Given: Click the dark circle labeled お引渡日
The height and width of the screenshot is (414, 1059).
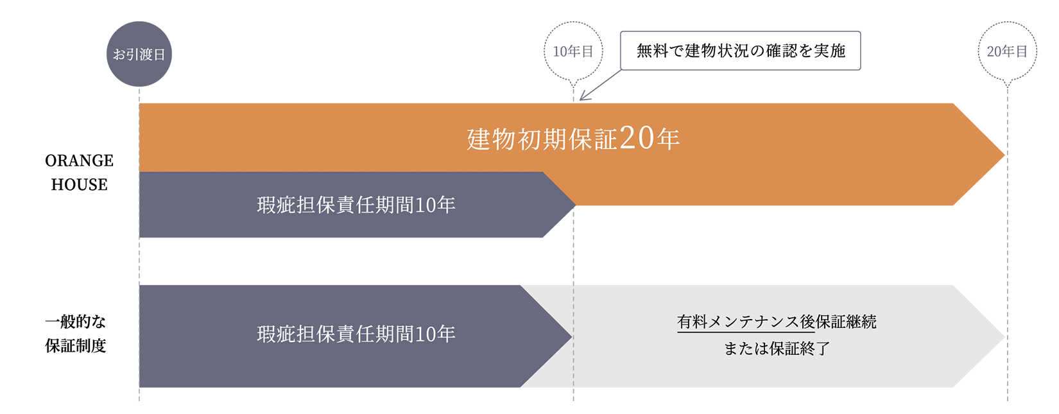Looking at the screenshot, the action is (x=139, y=54).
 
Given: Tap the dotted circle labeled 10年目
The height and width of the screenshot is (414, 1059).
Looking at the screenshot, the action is (x=573, y=51).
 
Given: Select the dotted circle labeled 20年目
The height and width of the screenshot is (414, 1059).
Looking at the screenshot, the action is (x=1007, y=51).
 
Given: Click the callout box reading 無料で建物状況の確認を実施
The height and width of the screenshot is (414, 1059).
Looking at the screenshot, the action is (x=741, y=51).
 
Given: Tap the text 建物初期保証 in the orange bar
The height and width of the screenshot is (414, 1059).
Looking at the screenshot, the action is (x=542, y=139).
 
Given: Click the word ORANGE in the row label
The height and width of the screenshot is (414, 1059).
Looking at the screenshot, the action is (x=79, y=160).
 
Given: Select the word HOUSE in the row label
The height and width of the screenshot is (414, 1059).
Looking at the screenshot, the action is (x=79, y=184).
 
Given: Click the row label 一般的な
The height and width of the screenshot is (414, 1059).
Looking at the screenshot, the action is (x=76, y=322).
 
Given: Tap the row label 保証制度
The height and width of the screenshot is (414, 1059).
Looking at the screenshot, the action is (x=76, y=345).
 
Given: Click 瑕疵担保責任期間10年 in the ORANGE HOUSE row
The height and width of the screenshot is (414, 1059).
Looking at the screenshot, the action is (x=356, y=205).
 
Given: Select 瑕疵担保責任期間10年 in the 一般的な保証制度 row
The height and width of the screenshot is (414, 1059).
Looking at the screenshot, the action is (x=356, y=334).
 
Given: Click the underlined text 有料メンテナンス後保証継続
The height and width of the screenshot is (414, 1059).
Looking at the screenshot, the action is (x=777, y=322).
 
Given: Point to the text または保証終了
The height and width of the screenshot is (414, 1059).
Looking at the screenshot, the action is (x=777, y=349).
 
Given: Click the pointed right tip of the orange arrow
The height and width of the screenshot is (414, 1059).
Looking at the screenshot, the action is (x=1004, y=155).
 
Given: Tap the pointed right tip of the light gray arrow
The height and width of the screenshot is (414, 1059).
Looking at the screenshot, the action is (x=1004, y=336).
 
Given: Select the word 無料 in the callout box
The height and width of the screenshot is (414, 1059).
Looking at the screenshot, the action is (x=652, y=51).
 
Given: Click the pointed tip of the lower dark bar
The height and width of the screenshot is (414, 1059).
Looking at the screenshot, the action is (x=572, y=336).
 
